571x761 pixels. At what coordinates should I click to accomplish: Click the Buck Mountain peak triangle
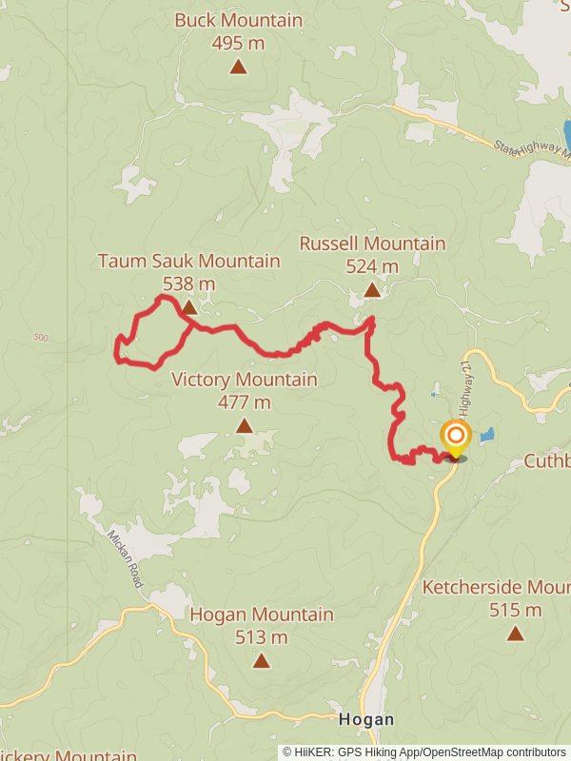point(238,67)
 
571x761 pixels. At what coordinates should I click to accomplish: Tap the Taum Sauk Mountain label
point(188,261)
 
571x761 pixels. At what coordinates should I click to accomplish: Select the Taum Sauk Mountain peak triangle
point(189,307)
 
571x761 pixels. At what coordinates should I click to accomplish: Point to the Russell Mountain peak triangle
point(372,290)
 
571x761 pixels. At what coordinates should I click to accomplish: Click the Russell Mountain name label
point(372,244)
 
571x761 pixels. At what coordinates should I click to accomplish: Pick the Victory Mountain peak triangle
point(245,425)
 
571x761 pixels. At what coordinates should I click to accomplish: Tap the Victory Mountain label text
point(245,380)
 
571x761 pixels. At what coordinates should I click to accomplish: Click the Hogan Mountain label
point(262,615)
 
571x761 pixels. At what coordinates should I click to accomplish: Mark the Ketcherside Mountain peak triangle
point(515,633)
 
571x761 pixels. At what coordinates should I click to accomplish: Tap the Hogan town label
point(366,719)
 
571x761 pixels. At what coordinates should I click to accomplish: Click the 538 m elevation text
point(188,283)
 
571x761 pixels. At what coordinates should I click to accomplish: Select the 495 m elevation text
point(238,43)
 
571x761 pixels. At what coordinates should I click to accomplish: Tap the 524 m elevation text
point(372,266)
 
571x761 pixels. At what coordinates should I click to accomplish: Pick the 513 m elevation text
point(262,637)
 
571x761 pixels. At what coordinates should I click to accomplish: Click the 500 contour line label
point(40,338)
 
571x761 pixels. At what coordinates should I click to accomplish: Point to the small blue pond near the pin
point(487,435)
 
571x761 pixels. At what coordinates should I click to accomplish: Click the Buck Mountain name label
point(238,20)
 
